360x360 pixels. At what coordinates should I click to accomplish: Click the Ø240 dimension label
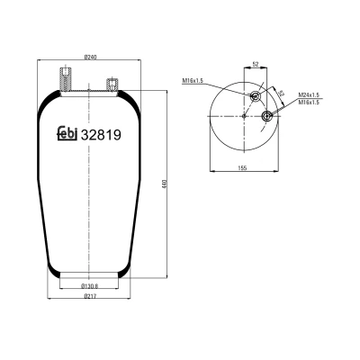pyautogui.click(x=89, y=57)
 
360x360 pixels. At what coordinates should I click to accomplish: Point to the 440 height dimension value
pyautogui.click(x=164, y=184)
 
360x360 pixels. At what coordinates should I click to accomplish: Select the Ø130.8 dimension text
pyautogui.click(x=90, y=286)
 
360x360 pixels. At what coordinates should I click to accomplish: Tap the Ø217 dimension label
pyautogui.click(x=89, y=296)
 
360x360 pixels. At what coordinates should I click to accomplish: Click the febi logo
pyautogui.click(x=67, y=133)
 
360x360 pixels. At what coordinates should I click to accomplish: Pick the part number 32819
pyautogui.click(x=102, y=135)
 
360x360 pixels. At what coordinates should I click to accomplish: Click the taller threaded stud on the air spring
pyautogui.click(x=66, y=79)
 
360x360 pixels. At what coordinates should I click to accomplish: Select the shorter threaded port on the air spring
pyautogui.click(x=112, y=85)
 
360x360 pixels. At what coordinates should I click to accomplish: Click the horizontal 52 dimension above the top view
pyautogui.click(x=256, y=64)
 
